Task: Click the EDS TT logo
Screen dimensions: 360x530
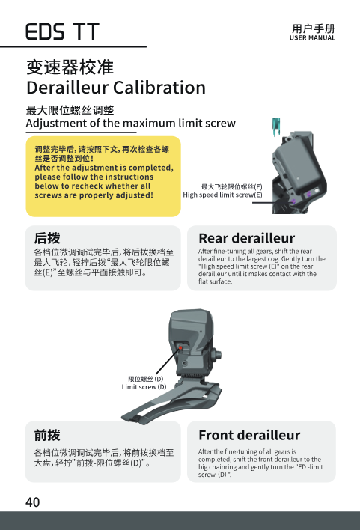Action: pos(63,31)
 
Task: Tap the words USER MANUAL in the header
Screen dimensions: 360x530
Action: pos(312,38)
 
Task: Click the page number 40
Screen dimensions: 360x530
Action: pos(32,502)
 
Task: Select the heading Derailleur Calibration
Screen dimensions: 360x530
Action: pos(116,88)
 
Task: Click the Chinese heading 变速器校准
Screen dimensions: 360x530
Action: pos(70,67)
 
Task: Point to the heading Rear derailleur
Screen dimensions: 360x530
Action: pos(247,238)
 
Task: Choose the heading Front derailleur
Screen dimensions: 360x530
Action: pos(249,435)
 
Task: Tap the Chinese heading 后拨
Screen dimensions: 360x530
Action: pos(47,238)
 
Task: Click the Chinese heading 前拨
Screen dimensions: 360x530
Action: pos(47,435)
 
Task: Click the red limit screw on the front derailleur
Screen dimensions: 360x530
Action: pos(181,348)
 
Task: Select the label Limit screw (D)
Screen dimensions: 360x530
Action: pos(144,387)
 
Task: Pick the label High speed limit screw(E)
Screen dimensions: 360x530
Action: pos(222,195)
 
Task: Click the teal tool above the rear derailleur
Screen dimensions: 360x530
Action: pos(276,127)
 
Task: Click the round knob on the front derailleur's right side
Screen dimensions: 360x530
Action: pos(217,356)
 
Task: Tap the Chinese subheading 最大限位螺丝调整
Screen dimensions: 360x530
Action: pos(70,110)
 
